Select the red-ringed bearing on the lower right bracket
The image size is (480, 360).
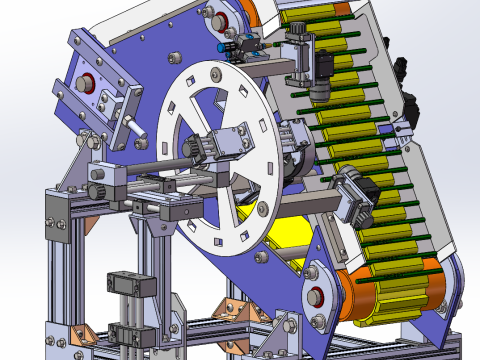click(x=318, y=295)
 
